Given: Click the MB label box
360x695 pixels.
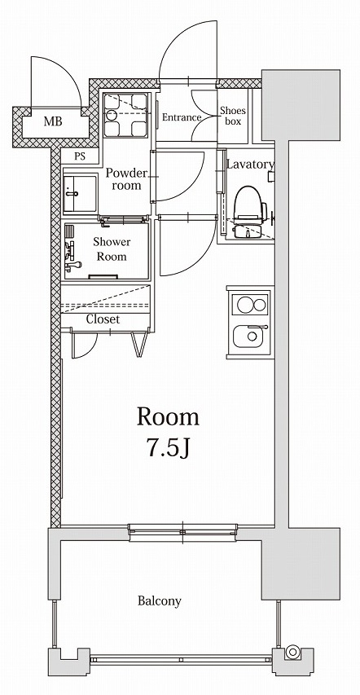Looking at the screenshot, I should pyautogui.click(x=52, y=123).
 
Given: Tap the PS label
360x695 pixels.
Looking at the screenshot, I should pyautogui.click(x=80, y=156).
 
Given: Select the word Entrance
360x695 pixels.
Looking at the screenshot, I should pyautogui.click(x=181, y=117).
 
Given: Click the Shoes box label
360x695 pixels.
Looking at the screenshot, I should pyautogui.click(x=232, y=117).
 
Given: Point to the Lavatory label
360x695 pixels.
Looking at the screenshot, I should pyautogui.click(x=249, y=165).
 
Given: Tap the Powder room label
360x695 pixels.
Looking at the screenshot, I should pyautogui.click(x=125, y=179).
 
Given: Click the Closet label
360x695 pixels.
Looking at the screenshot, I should pyautogui.click(x=103, y=319).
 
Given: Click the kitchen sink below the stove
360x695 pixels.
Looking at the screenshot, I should pyautogui.click(x=248, y=337).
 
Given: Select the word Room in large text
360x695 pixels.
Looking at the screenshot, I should pyautogui.click(x=168, y=417).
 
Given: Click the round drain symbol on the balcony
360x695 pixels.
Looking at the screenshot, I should pyautogui.click(x=292, y=652).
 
